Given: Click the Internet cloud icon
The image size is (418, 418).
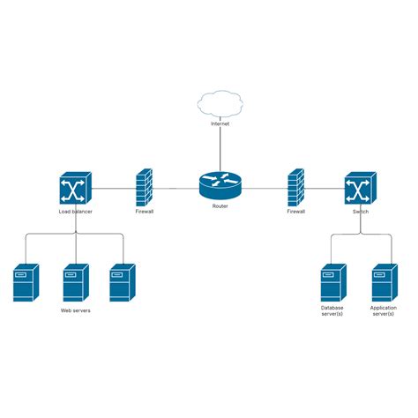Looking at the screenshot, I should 220,104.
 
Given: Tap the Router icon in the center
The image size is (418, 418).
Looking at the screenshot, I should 220,187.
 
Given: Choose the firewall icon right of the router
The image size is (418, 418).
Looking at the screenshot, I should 295,187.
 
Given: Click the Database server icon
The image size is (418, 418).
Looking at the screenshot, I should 332,282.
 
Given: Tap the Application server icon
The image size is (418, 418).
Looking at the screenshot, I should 383,282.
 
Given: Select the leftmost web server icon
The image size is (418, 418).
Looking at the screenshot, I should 26,282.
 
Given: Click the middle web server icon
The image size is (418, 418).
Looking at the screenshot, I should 75,282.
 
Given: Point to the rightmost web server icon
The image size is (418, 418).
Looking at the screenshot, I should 122,282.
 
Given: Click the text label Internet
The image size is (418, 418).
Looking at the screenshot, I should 220,125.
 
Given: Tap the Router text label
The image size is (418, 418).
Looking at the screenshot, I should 220,206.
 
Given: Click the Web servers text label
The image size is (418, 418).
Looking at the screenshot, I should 75,310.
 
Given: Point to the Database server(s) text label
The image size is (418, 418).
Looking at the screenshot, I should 332,310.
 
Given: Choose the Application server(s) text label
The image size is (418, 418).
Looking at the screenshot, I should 383,310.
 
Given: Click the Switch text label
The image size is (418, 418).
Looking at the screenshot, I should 360,212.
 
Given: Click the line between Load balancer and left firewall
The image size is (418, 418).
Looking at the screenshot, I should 113,188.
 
